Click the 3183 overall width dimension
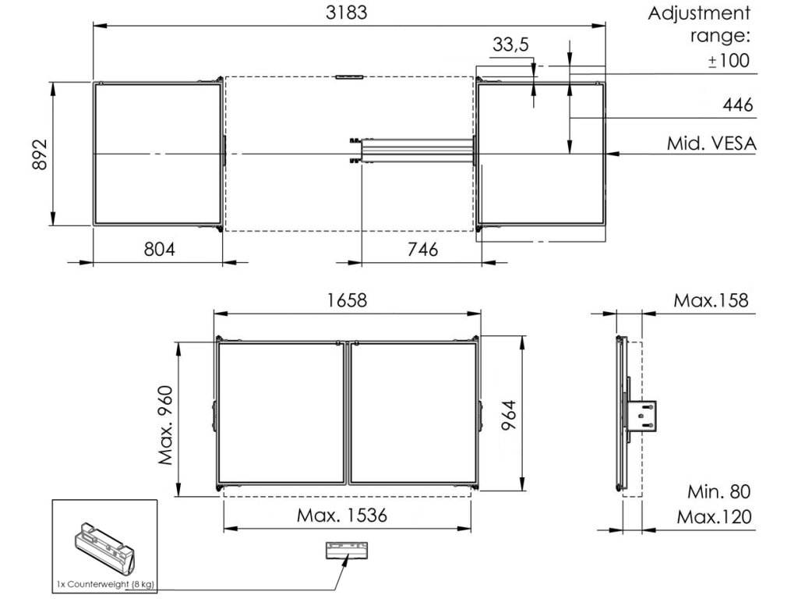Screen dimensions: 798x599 [x=347, y=12]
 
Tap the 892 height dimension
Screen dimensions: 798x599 [x=39, y=154]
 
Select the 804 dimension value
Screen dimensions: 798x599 [x=159, y=249]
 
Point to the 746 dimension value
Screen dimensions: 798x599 [x=422, y=249]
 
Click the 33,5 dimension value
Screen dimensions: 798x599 [x=510, y=44]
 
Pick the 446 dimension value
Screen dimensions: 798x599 [x=737, y=105]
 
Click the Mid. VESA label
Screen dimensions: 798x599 [x=711, y=144]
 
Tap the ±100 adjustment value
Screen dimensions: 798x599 [x=729, y=61]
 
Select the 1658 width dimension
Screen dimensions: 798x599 [x=347, y=300]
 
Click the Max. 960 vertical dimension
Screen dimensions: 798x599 [x=166, y=425]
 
